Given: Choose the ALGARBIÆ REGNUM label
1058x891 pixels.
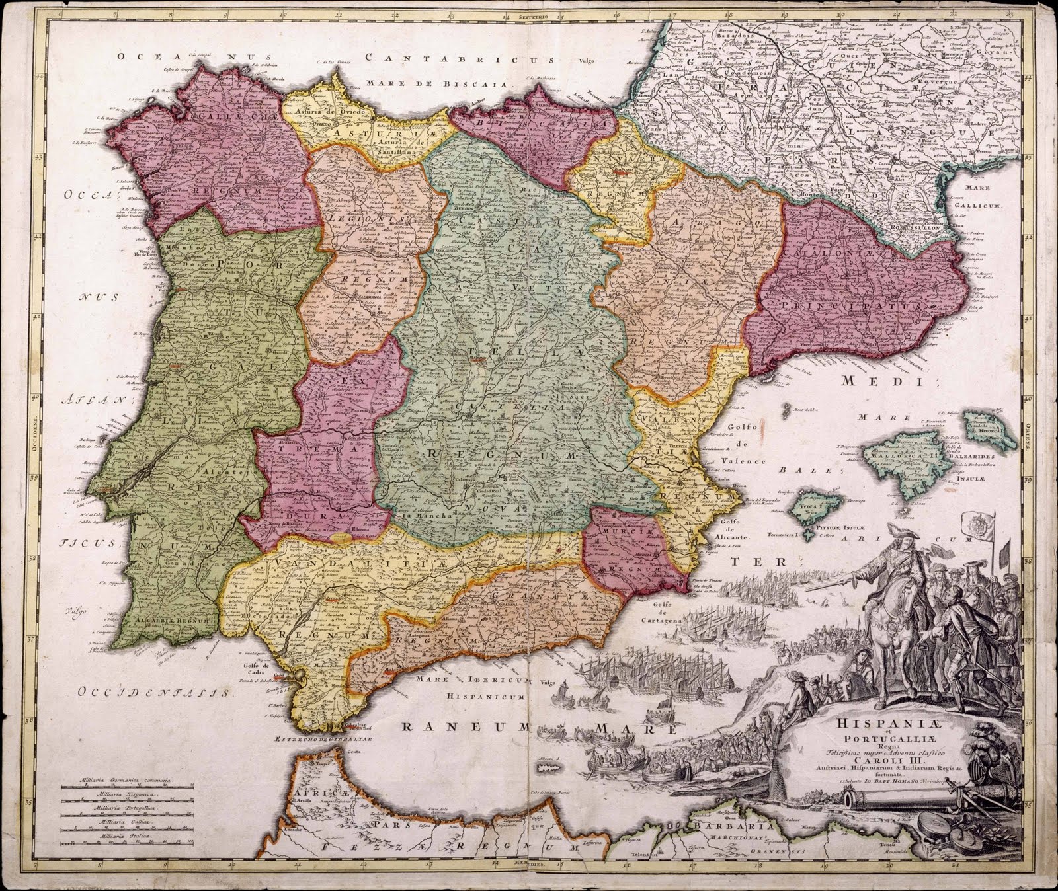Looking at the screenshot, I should tap(171, 621).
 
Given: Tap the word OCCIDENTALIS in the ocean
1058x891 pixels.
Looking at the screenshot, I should tap(155, 693).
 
